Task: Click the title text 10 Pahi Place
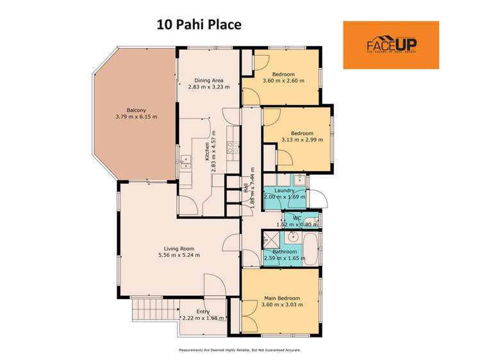[x=199, y=25]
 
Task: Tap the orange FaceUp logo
[x=391, y=45]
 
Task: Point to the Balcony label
[x=137, y=110]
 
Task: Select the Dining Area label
[x=209, y=81]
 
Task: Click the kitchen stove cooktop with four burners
[x=233, y=149]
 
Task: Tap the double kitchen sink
[x=186, y=161]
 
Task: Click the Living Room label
[x=179, y=248]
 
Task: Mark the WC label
[x=297, y=218]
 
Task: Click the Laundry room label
[x=284, y=190]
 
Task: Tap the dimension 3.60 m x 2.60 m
[x=283, y=81]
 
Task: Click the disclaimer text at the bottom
[x=239, y=350]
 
